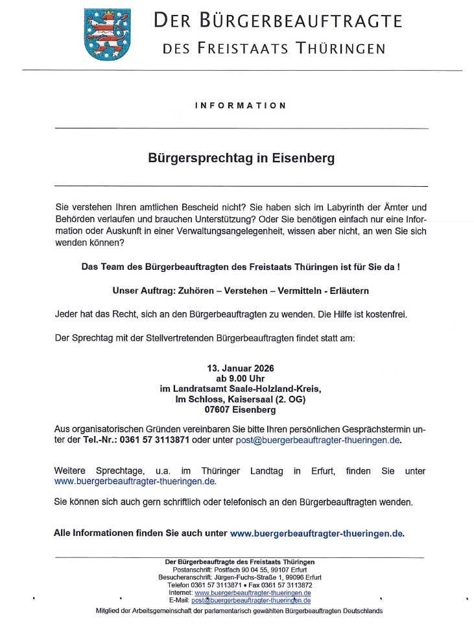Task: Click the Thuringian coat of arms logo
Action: [x=107, y=34]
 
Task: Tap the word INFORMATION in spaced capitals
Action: [x=240, y=105]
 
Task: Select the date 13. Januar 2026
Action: [x=241, y=368]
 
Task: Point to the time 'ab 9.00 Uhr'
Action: [x=241, y=378]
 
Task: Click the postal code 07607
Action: [x=220, y=409]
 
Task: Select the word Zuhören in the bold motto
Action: [x=193, y=291]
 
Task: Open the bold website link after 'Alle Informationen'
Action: [x=316, y=533]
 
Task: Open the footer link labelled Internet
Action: [x=252, y=593]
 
